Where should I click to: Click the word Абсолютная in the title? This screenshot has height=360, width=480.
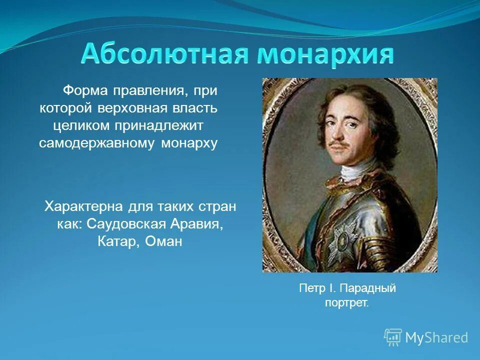[164, 54]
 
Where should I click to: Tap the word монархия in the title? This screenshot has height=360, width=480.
[325, 54]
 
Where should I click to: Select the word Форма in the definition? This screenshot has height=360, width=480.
[83, 91]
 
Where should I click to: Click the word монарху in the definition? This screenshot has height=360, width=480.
[189, 143]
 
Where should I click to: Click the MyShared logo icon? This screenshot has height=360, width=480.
[393, 337]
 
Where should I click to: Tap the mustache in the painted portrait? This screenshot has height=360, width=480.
[339, 145]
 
